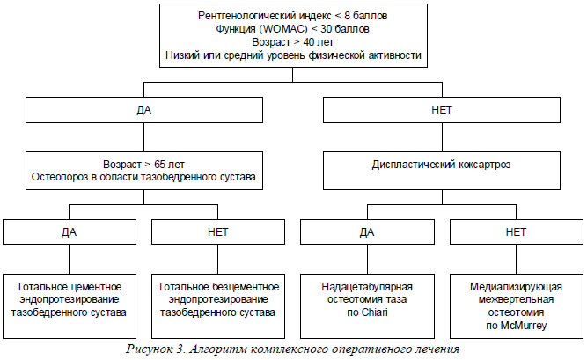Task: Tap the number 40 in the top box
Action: pyautogui.click(x=309, y=42)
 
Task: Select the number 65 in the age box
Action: pyautogui.click(x=160, y=165)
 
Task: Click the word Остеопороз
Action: pyautogui.click(x=59, y=177)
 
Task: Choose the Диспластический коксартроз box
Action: pyautogui.click(x=442, y=171)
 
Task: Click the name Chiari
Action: pyautogui.click(x=375, y=312)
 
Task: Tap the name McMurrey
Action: pyautogui.click(x=524, y=326)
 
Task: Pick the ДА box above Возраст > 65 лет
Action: pyautogui.click(x=144, y=110)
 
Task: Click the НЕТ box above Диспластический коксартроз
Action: pyautogui.click(x=442, y=110)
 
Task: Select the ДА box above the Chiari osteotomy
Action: pyautogui.click(x=367, y=231)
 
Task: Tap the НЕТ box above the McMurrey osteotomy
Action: pyautogui.click(x=517, y=231)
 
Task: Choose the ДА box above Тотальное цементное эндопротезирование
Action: pyautogui.click(x=70, y=231)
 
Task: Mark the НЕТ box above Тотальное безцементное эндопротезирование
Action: pyautogui.click(x=218, y=231)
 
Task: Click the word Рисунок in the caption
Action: pyautogui.click(x=149, y=349)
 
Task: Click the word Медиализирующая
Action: pyautogui.click(x=517, y=287)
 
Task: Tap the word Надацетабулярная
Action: pyautogui.click(x=367, y=287)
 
